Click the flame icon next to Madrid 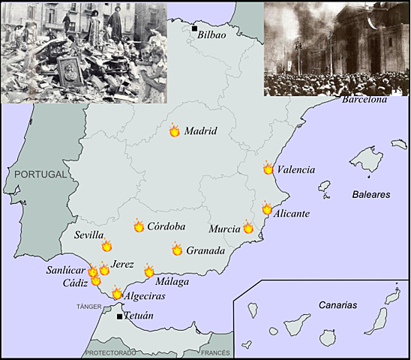click(175, 130)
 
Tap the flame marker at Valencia click(268, 169)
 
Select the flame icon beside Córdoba click(139, 226)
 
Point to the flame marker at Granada click(177, 250)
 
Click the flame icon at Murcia click(248, 227)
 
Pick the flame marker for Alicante click(267, 209)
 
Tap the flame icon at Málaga click(149, 271)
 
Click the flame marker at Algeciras click(117, 294)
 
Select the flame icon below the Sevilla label click(106, 246)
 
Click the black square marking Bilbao click(194, 28)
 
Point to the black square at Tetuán click(119, 316)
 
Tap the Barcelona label click(364, 100)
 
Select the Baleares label click(371, 194)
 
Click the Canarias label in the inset click(336, 305)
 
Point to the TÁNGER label click(88, 307)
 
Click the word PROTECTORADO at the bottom click(111, 352)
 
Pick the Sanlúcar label click(65, 270)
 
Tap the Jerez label click(122, 265)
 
